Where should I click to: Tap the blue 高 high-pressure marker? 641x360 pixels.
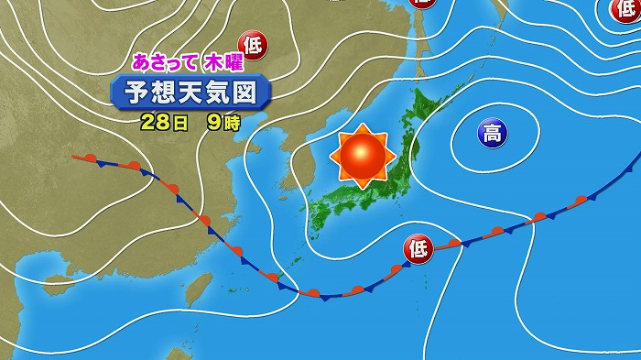click(491, 136)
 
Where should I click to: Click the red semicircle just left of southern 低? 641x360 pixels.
click(396, 269)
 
